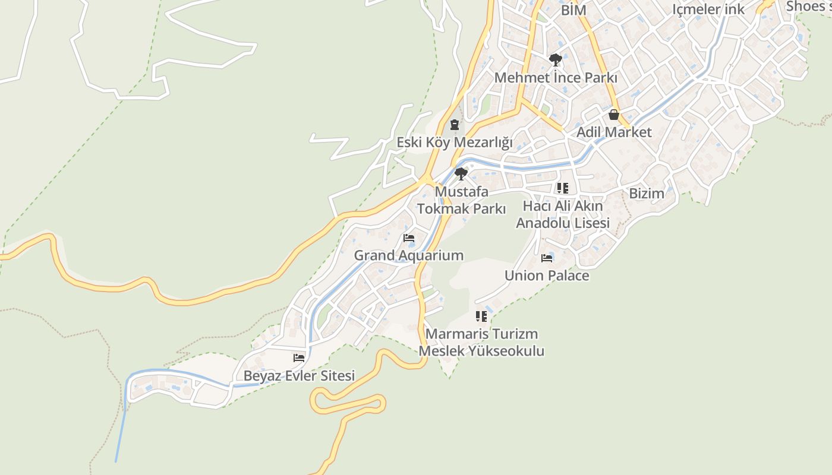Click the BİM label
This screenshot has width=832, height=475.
click(x=573, y=10)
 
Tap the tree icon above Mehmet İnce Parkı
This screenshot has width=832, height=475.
click(x=556, y=59)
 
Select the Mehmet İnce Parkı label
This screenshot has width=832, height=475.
click(x=556, y=78)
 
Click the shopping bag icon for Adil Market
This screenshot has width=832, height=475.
click(x=614, y=115)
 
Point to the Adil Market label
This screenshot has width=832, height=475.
click(x=614, y=132)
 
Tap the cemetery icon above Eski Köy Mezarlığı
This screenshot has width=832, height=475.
click(x=455, y=125)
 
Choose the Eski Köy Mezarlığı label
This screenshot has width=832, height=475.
click(x=455, y=142)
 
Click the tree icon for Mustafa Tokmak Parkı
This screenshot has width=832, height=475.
click(x=461, y=174)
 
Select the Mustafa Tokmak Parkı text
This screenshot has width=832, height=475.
click(x=462, y=200)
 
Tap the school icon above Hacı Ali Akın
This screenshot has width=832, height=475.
click(x=562, y=188)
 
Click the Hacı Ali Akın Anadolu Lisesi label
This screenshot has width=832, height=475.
click(x=563, y=214)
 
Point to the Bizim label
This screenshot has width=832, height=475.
click(x=647, y=194)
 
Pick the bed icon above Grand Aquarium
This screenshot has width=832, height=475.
click(x=409, y=238)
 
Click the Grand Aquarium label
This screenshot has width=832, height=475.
click(x=409, y=256)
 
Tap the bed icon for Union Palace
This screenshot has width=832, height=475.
click(x=547, y=258)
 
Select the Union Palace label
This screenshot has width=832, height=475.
click(x=547, y=275)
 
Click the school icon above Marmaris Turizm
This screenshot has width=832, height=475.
click(x=481, y=316)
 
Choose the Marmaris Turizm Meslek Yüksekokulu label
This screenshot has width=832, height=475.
click(x=481, y=343)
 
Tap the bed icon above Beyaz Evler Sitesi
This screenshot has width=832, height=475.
click(x=299, y=358)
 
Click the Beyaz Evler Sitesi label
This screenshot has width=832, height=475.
click(x=299, y=376)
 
